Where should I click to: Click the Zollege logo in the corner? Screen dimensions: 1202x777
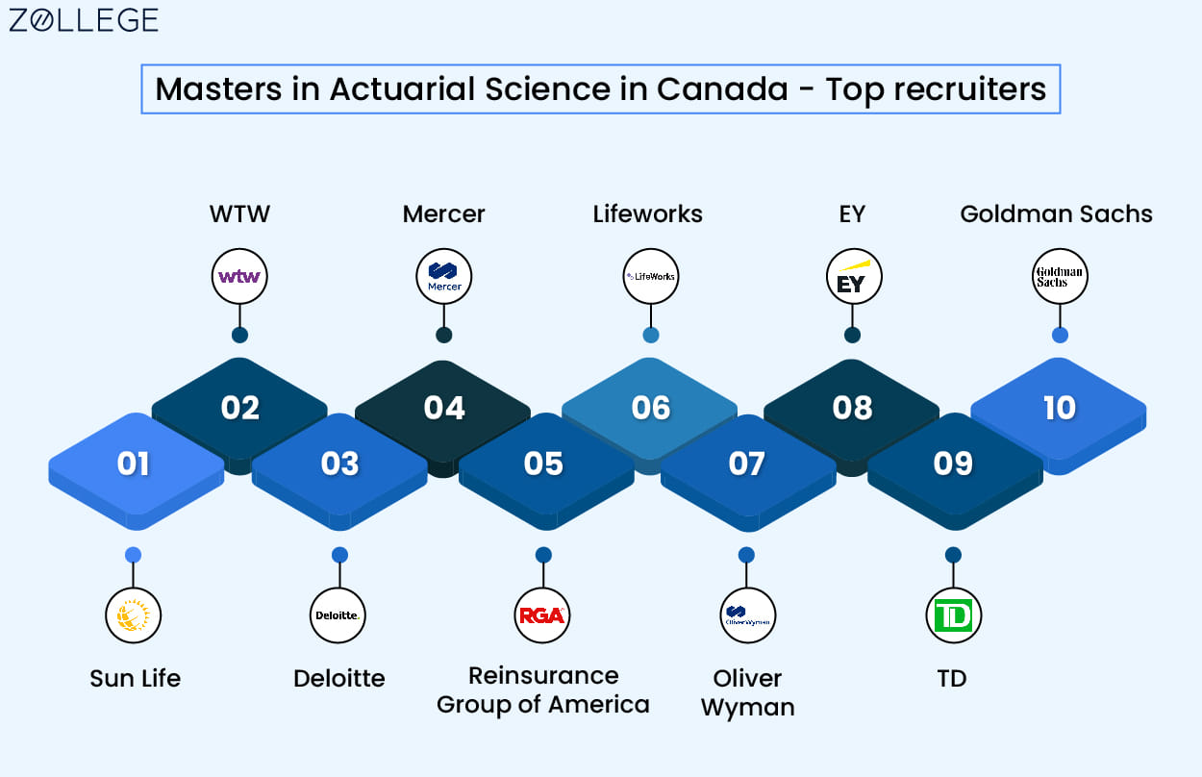[x=84, y=20]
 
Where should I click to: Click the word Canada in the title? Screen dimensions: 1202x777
[x=722, y=88]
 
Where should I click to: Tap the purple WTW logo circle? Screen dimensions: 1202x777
[x=239, y=276]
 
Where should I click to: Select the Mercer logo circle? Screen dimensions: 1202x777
[x=443, y=276]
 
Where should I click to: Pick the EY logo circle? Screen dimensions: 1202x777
[x=854, y=276]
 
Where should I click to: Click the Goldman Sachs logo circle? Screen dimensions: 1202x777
[x=1060, y=276]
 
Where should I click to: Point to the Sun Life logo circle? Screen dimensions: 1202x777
[x=133, y=615]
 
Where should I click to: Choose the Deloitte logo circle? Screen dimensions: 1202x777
[x=338, y=615]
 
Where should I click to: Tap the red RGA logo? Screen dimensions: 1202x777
[x=542, y=615]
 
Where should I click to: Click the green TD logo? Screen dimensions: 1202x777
[x=954, y=615]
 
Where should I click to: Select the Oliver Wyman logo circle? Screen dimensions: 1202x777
[x=747, y=615]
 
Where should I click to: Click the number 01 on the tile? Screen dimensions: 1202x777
[x=133, y=464]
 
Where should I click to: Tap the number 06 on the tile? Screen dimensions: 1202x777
[x=650, y=408]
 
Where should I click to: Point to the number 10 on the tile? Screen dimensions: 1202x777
[x=1060, y=408]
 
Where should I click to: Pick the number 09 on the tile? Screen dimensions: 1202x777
[x=953, y=464]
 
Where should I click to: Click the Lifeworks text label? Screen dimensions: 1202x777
[x=648, y=214]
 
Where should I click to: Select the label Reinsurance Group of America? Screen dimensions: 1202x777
[x=543, y=690]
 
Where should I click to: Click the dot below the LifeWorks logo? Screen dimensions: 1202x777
[x=651, y=336]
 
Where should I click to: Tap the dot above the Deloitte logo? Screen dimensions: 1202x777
[x=339, y=555]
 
